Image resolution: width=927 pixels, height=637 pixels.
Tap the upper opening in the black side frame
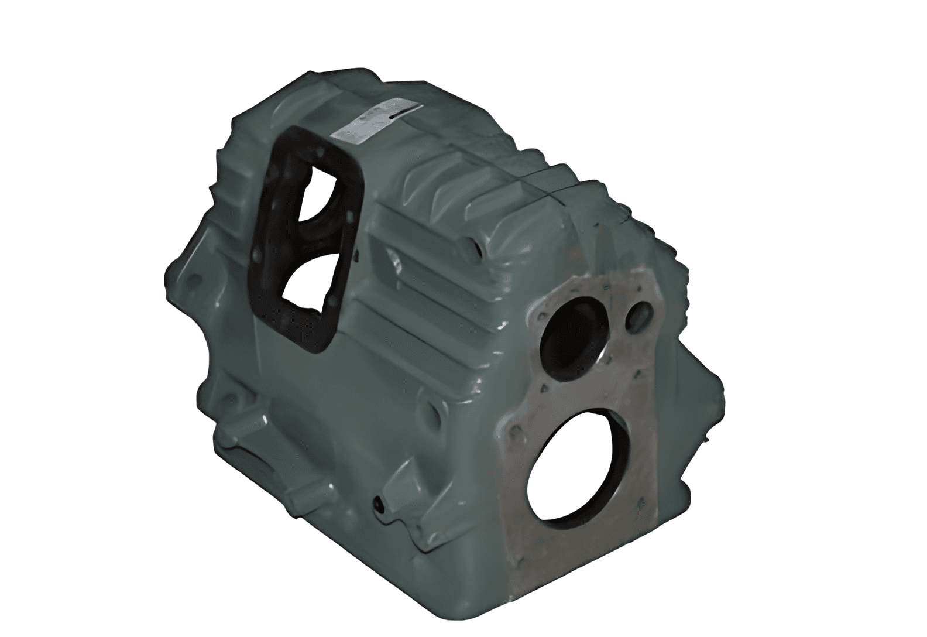coord(317,193)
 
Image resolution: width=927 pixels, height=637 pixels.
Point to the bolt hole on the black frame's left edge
coord(256,255)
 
